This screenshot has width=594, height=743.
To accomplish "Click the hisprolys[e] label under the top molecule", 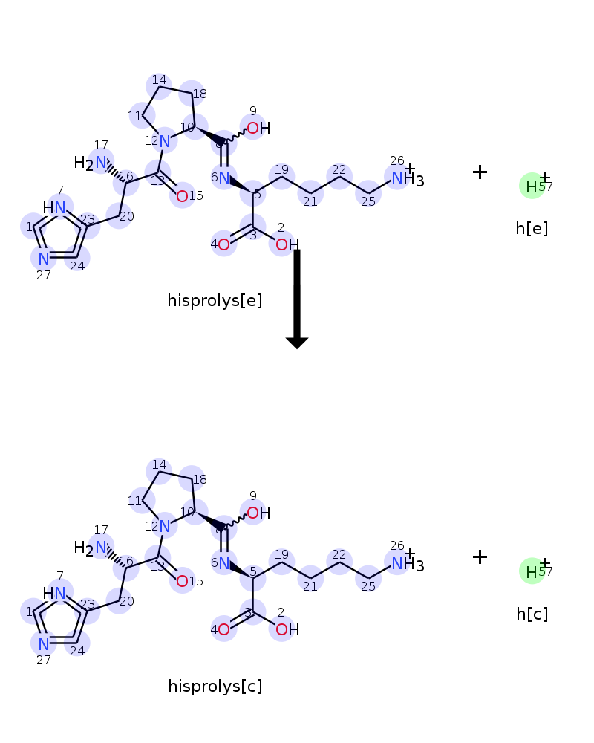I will click(215, 301).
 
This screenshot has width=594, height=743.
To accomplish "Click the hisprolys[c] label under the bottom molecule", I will click(215, 686).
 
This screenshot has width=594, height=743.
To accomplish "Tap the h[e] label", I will click(532, 228).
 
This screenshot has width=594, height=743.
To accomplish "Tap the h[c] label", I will click(532, 614).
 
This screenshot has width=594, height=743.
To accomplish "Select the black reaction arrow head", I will click(297, 343).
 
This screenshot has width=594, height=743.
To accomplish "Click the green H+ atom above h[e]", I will click(532, 186).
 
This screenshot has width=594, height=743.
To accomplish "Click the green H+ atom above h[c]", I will click(532, 571).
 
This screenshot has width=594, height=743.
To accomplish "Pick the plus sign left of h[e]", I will click(480, 172).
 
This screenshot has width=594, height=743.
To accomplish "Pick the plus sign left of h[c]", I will click(480, 557).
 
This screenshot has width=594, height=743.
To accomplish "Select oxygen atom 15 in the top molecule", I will click(182, 196).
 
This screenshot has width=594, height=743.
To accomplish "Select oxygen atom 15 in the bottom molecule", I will click(182, 581).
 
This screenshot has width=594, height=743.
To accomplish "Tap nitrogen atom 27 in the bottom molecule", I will click(44, 643).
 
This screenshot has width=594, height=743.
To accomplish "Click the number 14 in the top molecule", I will click(159, 80).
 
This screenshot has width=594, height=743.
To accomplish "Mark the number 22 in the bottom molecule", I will click(339, 554).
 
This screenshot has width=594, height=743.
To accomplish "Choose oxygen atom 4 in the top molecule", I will click(223, 244).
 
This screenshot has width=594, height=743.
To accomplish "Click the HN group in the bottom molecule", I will click(54, 593).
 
